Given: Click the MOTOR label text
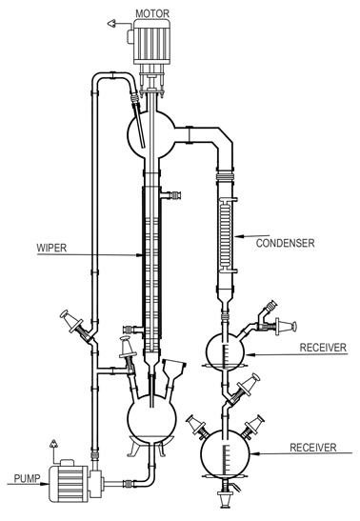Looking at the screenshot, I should (x=154, y=13).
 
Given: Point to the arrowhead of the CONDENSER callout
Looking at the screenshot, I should (x=238, y=235).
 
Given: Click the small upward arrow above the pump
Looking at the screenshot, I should (x=53, y=443).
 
